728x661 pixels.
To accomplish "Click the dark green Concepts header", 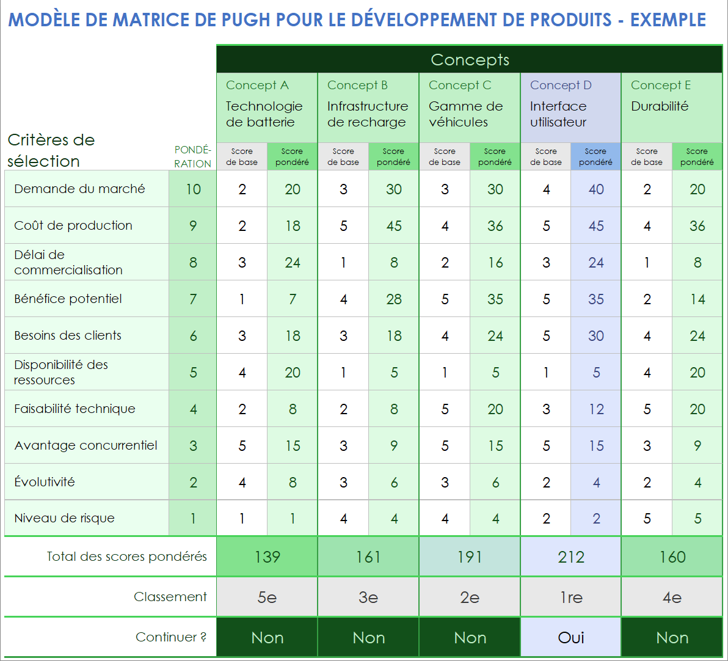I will tap(470, 60).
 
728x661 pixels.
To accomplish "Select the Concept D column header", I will tap(561, 86).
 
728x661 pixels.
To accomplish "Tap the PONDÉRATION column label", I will tap(193, 157).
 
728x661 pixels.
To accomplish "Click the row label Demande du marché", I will tap(79, 189).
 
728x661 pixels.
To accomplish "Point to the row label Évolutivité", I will tap(45, 482).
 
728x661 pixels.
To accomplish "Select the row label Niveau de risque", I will tap(64, 519).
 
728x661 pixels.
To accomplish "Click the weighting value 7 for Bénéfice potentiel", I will tap(193, 299).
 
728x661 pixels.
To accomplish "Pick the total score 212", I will tap(571, 557).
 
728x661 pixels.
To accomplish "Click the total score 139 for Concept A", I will tap(268, 557).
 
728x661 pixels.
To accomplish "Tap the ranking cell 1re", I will tap(571, 597).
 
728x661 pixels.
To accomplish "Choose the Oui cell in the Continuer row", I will tap(571, 638).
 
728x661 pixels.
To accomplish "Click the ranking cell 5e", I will tap(268, 597).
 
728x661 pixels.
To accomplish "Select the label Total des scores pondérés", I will tap(127, 557).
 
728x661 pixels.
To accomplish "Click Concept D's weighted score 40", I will tap(596, 189).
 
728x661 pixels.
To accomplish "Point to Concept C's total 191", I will tap(470, 557).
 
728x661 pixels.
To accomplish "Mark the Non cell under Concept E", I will tap(672, 638).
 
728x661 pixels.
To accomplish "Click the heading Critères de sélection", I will tap(51, 150).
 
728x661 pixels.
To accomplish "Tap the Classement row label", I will tap(170, 597).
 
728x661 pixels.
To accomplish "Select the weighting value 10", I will tap(193, 189).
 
